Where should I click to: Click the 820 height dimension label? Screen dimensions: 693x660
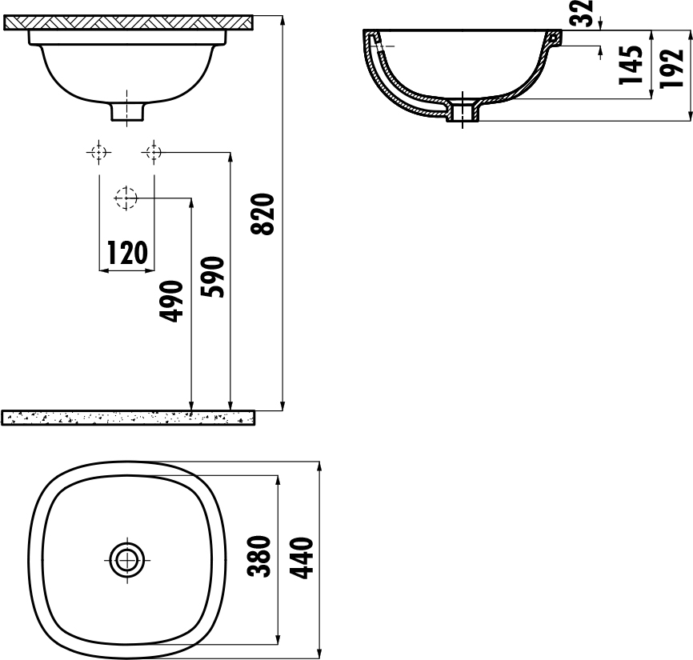click(x=263, y=214)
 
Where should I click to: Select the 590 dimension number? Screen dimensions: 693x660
click(x=212, y=277)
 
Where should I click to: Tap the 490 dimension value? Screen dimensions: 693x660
click(x=171, y=301)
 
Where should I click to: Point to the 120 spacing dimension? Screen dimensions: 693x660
click(x=127, y=253)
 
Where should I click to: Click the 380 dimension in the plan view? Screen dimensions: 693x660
click(x=259, y=556)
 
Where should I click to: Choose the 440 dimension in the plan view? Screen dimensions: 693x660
click(x=302, y=558)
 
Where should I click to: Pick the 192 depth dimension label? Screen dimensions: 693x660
click(x=671, y=68)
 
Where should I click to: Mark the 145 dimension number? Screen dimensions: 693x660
click(x=631, y=65)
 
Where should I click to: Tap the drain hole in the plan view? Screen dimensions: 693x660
click(x=127, y=560)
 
